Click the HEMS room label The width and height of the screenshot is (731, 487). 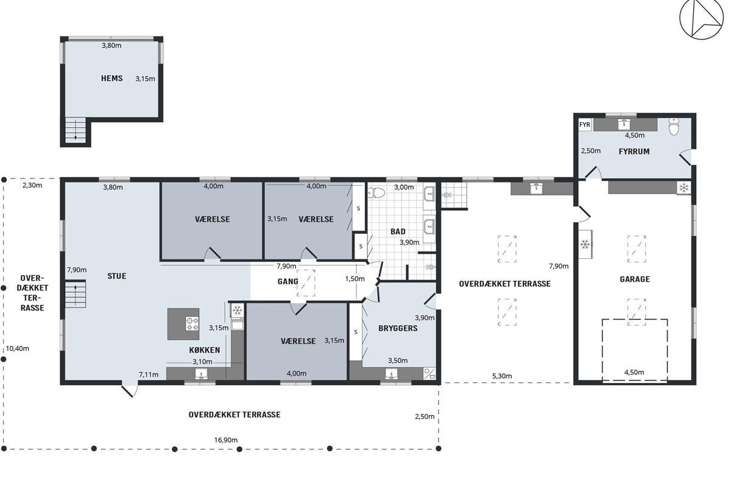click(112, 79)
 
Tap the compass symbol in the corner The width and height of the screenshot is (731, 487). click(701, 19)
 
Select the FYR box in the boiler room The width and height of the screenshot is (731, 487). click(584, 125)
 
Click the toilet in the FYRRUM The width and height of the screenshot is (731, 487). click(674, 126)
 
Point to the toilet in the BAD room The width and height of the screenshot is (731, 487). click(377, 193)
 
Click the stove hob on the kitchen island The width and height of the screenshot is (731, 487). click(192, 323)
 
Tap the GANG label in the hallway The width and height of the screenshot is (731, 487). click(288, 281)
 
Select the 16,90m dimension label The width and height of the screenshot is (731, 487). click(226, 440)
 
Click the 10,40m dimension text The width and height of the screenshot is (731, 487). click(18, 348)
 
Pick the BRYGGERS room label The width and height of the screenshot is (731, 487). click(398, 328)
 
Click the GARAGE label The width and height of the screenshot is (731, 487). click(635, 279)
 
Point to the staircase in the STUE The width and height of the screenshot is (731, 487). click(76, 294)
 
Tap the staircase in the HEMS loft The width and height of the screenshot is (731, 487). click(76, 130)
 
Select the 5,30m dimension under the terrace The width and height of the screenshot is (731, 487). click(502, 376)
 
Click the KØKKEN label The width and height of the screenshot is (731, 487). click(205, 350)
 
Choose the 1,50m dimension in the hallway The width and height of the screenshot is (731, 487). click(355, 279)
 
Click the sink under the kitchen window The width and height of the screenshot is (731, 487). click(202, 374)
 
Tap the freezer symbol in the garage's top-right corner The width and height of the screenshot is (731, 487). click(683, 187)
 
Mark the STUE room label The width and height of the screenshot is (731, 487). click(117, 276)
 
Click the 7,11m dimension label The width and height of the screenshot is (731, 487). click(149, 374)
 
